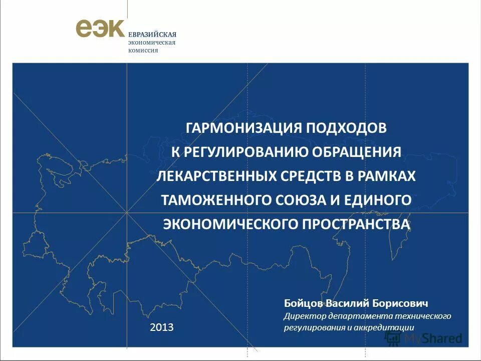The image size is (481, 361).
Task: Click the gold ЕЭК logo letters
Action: [x=100, y=28]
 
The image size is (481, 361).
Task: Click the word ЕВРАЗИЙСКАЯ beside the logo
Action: [x=152, y=35]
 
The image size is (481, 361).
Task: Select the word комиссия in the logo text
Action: [x=143, y=50]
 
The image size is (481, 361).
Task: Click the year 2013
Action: [x=162, y=328]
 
